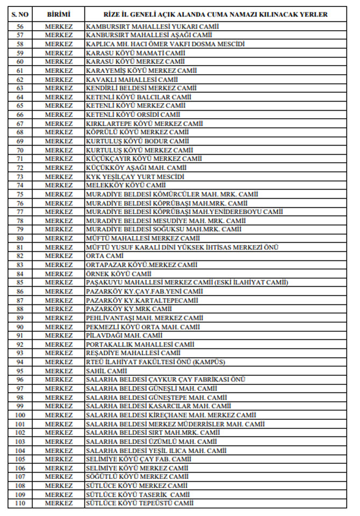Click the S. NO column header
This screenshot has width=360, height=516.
(x=19, y=14)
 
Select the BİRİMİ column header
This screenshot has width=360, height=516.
(x=58, y=14)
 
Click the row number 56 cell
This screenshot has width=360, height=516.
(x=19, y=26)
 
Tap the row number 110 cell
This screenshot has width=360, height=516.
(x=19, y=503)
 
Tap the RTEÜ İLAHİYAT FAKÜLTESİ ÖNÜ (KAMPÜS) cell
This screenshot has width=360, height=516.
(x=155, y=362)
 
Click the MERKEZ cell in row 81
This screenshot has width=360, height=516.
(x=58, y=248)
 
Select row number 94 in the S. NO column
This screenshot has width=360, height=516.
(x=19, y=362)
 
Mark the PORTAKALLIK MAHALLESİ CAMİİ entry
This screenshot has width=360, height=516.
(x=140, y=344)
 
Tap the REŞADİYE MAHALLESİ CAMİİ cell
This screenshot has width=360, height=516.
(x=133, y=353)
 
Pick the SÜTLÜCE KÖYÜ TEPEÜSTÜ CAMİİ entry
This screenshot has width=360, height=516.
(x=139, y=503)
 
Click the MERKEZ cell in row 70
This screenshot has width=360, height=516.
(x=58, y=150)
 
